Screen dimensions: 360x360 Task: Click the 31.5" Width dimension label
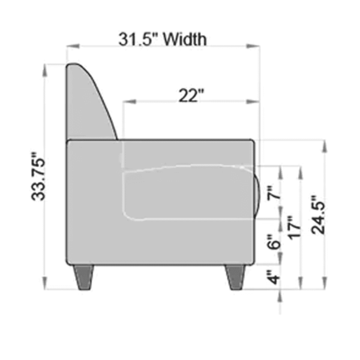pyautogui.click(x=163, y=39)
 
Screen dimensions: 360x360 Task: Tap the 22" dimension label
pyautogui.click(x=191, y=95)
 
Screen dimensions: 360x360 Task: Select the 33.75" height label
pyautogui.click(x=38, y=176)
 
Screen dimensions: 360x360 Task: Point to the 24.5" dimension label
pyautogui.click(x=319, y=215)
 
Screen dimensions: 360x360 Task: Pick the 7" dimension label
pyautogui.click(x=274, y=193)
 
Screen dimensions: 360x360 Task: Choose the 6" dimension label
pyautogui.click(x=274, y=242)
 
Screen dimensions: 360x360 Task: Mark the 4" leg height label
pyautogui.click(x=274, y=277)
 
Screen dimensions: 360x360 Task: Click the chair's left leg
pyautogui.click(x=83, y=277)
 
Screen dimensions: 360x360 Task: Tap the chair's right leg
pyautogui.click(x=235, y=277)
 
